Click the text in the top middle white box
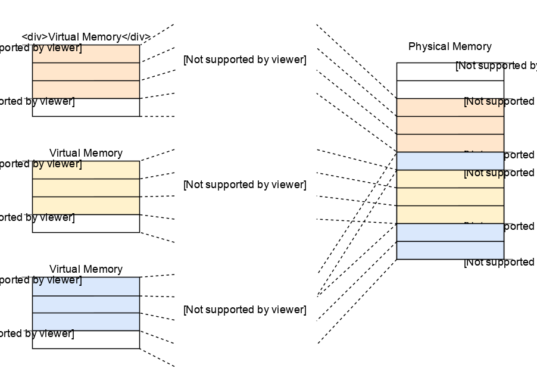[245, 60]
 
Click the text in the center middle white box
[245, 185]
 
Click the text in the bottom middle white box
[245, 310]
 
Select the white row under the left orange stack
[86, 107]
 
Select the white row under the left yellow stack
[86, 223]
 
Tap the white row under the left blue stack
[86, 339]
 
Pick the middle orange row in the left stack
[86, 71]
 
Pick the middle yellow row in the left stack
[86, 188]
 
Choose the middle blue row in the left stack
[86, 304]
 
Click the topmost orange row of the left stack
[86, 54]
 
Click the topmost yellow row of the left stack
[86, 170]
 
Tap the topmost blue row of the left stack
[86, 286]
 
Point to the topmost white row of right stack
[450, 71]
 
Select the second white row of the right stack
[450, 89]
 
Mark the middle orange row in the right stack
[450, 125]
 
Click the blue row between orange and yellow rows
[450, 161]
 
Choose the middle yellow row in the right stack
[450, 197]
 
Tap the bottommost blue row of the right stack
[450, 250]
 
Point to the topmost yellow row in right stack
[450, 179]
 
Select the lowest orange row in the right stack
[450, 143]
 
